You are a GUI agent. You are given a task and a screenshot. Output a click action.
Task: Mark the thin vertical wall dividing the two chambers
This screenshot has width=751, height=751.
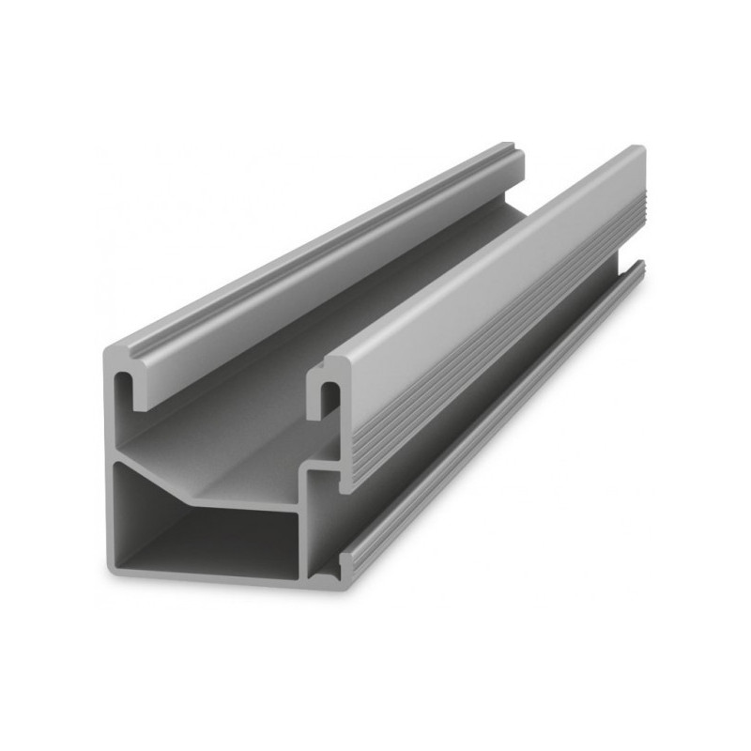[303, 540]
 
